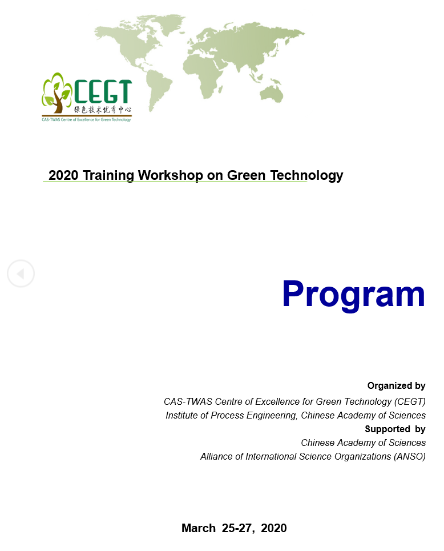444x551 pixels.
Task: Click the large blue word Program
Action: [x=353, y=295]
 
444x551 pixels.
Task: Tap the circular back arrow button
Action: [x=21, y=274]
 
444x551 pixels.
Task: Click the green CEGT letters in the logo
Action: [x=103, y=91]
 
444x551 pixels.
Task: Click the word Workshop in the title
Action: [x=171, y=175]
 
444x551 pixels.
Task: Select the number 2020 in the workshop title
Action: [x=63, y=175]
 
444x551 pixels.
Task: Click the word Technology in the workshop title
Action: [x=306, y=175]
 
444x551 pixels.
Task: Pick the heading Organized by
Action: [x=396, y=386]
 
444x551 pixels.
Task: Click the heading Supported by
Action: [x=395, y=429]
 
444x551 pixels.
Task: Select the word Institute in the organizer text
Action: [x=181, y=415]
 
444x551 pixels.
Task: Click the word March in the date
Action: [x=199, y=528]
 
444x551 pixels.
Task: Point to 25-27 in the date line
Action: [x=237, y=528]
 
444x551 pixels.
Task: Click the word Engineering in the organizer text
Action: [x=272, y=416]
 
